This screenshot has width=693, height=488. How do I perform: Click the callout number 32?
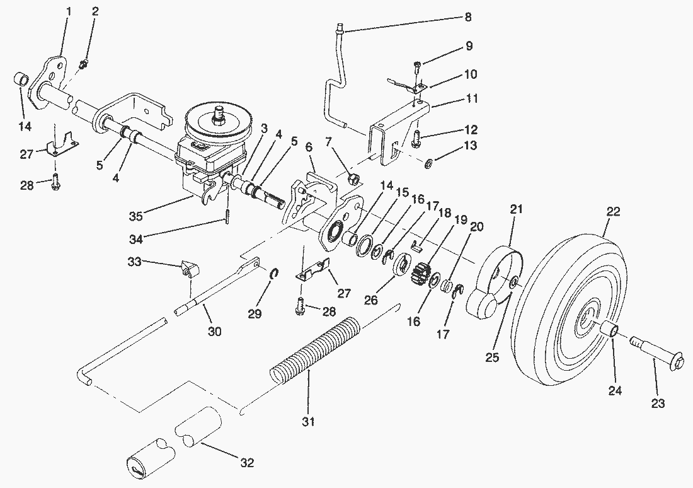click(x=246, y=463)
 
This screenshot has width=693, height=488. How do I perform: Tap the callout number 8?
click(x=467, y=18)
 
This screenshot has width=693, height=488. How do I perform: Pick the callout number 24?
click(x=615, y=391)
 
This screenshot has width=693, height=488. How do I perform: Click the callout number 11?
click(x=472, y=98)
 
